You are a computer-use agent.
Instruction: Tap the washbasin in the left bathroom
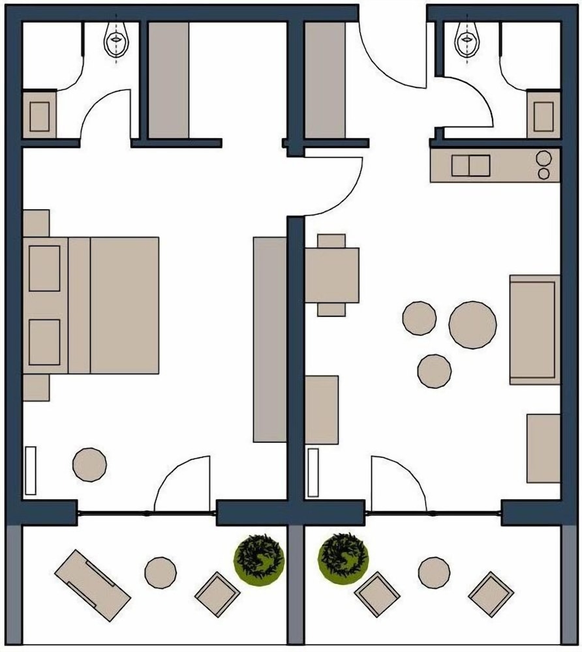pyautogui.click(x=40, y=116)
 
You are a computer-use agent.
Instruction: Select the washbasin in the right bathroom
pyautogui.click(x=544, y=116)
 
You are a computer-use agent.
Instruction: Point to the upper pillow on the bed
pyautogui.click(x=44, y=268)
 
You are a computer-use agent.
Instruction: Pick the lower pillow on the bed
pyautogui.click(x=44, y=342)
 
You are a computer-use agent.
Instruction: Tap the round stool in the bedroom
pyautogui.click(x=89, y=464)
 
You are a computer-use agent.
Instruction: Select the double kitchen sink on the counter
pyautogui.click(x=470, y=166)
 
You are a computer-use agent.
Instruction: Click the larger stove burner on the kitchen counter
pyautogui.click(x=544, y=158)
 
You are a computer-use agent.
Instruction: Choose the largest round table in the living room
pyautogui.click(x=472, y=325)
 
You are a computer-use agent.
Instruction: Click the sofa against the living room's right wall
pyautogui.click(x=534, y=329)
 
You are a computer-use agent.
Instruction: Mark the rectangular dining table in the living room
pyautogui.click(x=332, y=275)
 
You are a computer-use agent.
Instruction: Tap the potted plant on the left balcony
pyautogui.click(x=260, y=556)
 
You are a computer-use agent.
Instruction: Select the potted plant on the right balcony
pyautogui.click(x=343, y=556)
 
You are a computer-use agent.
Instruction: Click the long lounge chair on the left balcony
pyautogui.click(x=92, y=585)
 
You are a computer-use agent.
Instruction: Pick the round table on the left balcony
pyautogui.click(x=160, y=572)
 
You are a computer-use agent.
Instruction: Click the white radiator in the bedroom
pyautogui.click(x=30, y=470)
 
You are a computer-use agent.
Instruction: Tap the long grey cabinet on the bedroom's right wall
pyautogui.click(x=269, y=339)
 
